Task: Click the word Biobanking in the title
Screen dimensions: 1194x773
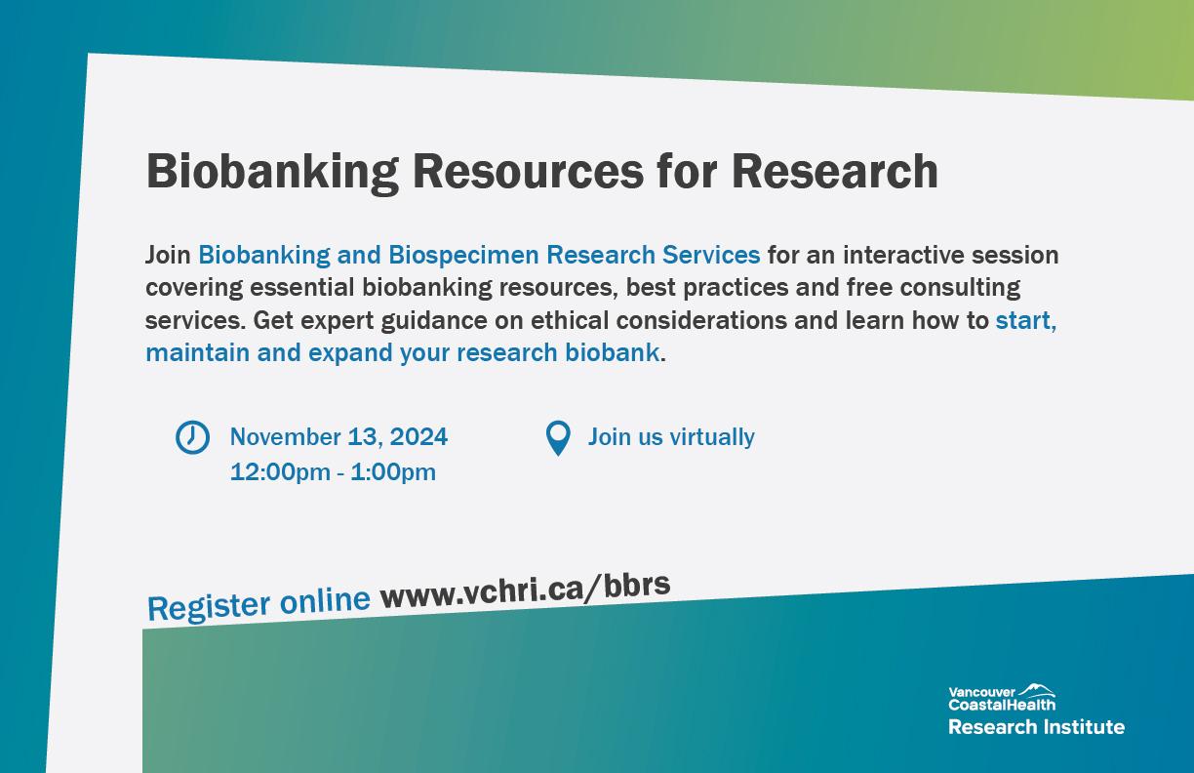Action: pos(272,173)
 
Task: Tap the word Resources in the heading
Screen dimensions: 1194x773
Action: pos(529,171)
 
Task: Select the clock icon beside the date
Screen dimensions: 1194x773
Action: pos(192,437)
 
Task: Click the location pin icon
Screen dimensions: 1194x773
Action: pos(558,438)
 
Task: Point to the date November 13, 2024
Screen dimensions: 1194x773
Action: pos(338,437)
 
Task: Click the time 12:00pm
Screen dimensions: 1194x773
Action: pos(280,472)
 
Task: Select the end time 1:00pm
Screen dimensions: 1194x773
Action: pos(393,472)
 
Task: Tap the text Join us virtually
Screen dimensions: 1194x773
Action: pos(671,437)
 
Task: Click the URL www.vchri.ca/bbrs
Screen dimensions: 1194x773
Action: pos(525,591)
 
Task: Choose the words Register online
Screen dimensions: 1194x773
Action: pos(259,604)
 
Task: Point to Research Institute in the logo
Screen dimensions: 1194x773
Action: pos(1036,727)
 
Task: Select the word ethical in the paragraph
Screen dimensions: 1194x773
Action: pos(570,320)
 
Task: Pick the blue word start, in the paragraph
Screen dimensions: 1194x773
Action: pos(1026,321)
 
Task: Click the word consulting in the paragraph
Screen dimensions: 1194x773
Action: pos(961,288)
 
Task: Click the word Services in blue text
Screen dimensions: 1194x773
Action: pos(711,255)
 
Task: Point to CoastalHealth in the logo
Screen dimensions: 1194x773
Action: pos(1002,705)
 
